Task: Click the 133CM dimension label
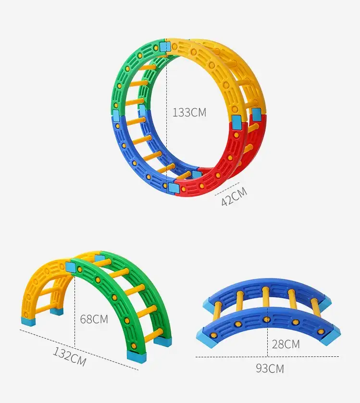(189, 113)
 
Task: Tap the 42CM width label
(234, 197)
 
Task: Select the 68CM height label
(94, 319)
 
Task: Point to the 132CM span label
(69, 356)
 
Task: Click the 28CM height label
(286, 344)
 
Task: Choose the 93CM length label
(270, 368)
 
